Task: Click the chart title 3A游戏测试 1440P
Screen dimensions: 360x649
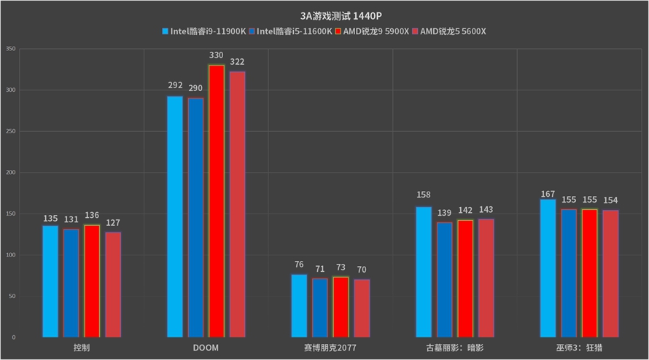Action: tap(324, 15)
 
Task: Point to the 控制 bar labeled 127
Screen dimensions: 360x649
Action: tap(113, 284)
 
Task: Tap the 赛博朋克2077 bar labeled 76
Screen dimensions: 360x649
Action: tap(299, 305)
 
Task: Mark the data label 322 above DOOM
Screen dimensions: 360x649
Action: tap(238, 62)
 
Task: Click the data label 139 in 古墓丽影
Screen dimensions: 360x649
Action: tap(444, 213)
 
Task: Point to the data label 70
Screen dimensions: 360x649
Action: tap(362, 270)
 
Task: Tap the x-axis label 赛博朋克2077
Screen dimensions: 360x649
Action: tap(330, 348)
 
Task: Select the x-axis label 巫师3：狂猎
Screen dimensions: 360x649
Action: tap(580, 348)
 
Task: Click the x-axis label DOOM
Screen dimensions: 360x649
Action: tap(206, 348)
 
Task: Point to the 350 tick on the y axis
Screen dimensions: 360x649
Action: tap(10, 49)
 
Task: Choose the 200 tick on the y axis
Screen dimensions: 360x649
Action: tap(10, 173)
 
